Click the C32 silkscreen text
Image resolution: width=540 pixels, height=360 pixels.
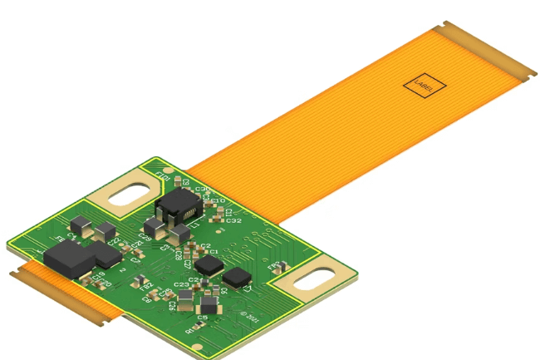(x=233, y=221)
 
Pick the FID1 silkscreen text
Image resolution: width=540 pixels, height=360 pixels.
(x=164, y=178)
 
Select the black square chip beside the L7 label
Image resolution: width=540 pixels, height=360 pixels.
(x=238, y=277)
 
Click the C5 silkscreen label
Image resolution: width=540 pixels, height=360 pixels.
(x=202, y=318)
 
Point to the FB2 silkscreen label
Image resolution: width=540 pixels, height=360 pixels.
(x=147, y=288)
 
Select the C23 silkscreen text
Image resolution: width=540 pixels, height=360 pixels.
(x=181, y=284)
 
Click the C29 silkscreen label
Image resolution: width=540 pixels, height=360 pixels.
(x=145, y=237)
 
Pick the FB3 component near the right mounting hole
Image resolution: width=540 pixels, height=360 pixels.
(x=274, y=267)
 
